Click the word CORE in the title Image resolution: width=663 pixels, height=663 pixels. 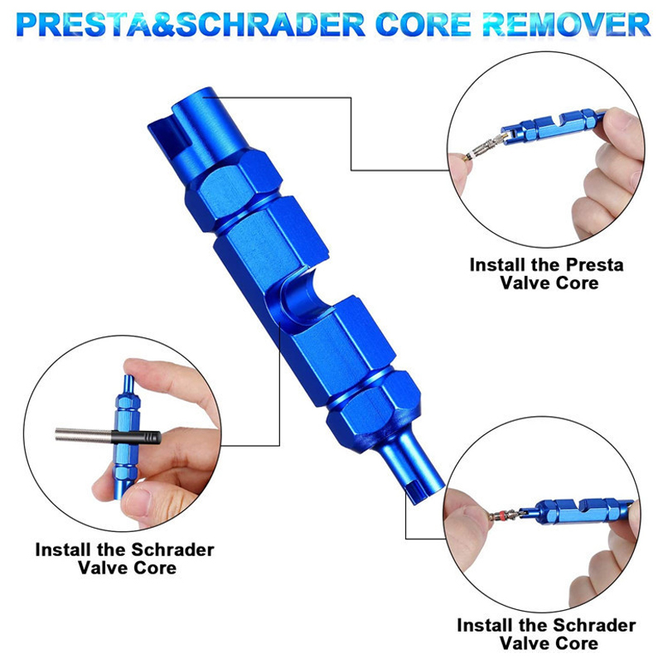(423, 25)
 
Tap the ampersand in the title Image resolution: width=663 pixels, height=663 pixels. (163, 25)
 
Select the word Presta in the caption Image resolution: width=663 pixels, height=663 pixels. (594, 265)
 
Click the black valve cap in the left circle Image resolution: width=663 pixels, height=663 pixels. (136, 438)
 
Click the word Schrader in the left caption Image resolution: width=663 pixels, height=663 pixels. (172, 550)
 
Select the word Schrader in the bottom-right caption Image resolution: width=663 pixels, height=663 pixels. (594, 625)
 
